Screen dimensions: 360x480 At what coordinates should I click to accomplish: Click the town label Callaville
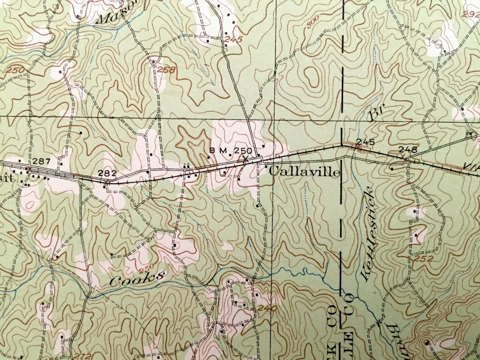click(x=304, y=172)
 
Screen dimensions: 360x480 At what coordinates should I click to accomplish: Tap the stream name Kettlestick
click(x=367, y=234)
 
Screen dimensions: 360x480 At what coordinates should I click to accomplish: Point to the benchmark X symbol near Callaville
click(x=245, y=159)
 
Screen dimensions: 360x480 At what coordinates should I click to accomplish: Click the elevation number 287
click(x=41, y=161)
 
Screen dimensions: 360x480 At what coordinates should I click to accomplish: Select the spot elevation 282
click(x=107, y=173)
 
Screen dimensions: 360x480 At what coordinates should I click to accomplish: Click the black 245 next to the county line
click(x=365, y=141)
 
